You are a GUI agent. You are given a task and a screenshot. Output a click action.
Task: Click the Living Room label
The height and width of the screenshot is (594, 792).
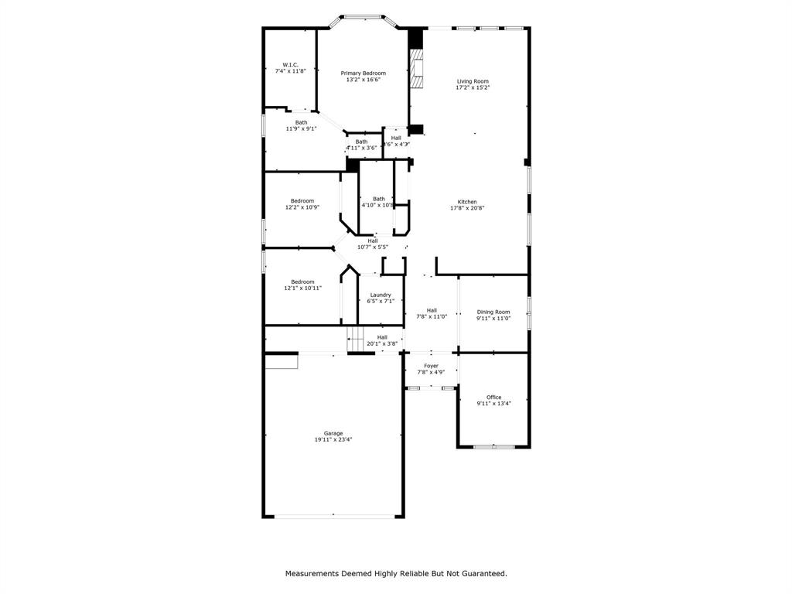tap(473, 81)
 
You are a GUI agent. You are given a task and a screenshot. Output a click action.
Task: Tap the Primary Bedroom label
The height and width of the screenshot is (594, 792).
tap(363, 73)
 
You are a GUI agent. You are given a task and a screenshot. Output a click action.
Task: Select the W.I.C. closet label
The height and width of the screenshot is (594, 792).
tap(290, 65)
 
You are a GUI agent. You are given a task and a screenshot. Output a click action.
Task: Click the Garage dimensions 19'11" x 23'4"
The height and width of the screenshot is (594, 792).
tap(333, 439)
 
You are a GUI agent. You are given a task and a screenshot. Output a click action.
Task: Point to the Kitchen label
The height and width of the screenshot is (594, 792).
tap(467, 202)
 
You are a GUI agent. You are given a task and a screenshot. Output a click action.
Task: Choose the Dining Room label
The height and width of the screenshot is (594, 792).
tap(493, 312)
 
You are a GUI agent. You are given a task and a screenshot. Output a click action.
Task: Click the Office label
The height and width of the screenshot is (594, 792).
tap(493, 398)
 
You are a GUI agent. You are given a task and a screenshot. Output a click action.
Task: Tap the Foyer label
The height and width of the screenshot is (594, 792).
tap(431, 366)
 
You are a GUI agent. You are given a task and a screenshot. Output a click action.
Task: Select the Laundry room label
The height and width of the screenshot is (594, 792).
tap(381, 295)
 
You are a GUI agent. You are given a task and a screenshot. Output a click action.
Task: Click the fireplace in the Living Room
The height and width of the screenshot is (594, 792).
tap(418, 70)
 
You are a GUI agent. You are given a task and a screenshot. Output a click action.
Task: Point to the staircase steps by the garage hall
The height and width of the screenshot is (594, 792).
tap(356, 337)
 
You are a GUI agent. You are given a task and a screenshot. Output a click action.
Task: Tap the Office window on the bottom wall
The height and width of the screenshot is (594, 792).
tap(493, 446)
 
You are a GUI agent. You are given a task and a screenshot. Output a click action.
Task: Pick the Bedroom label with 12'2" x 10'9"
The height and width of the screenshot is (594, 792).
tap(302, 201)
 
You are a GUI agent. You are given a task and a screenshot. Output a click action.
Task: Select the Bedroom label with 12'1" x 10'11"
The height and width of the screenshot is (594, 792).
tap(302, 282)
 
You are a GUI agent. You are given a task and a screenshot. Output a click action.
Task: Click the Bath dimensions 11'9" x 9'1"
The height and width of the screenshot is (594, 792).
tap(301, 129)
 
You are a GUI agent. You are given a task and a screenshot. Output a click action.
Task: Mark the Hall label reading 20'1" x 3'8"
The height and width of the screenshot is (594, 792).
tap(382, 337)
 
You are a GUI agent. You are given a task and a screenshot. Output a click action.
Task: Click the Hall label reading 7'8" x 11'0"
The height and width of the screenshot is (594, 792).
tap(432, 311)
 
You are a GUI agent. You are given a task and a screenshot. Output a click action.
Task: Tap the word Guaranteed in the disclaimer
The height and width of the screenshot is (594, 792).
tap(480, 574)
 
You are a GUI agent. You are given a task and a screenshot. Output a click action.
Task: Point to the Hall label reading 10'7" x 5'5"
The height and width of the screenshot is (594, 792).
tap(373, 241)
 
